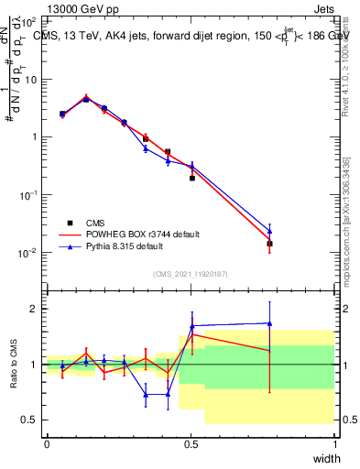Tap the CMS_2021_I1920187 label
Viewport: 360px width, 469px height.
point(189,274)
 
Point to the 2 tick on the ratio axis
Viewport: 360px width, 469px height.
point(36,309)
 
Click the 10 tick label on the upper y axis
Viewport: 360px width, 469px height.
point(30,79)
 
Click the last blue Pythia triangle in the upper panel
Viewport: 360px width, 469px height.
point(269,231)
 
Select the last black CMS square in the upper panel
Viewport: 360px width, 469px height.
point(269,244)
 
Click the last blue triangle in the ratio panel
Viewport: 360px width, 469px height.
point(269,322)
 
